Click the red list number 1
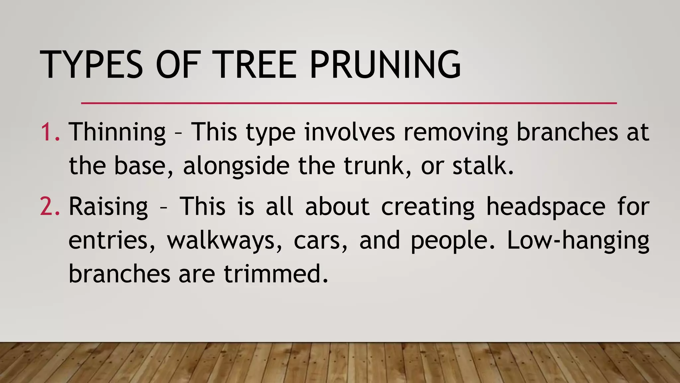(x=50, y=132)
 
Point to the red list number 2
(x=50, y=206)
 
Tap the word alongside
(x=236, y=166)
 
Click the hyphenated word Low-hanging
(x=578, y=240)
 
